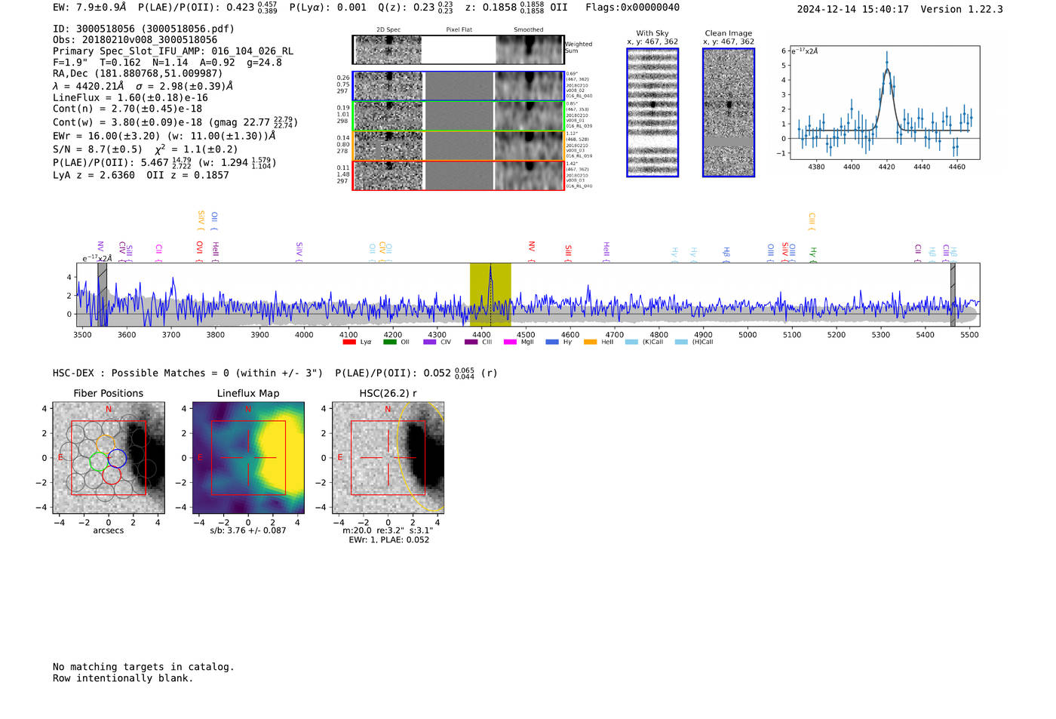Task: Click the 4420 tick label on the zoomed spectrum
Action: (x=886, y=167)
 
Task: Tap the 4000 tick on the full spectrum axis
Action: (x=304, y=334)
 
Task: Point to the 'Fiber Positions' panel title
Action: (x=108, y=393)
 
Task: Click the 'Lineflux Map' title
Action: (x=248, y=393)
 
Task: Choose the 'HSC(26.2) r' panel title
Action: (x=388, y=393)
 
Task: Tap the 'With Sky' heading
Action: (x=652, y=33)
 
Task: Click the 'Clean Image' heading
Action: (x=729, y=33)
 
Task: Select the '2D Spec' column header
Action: (x=388, y=30)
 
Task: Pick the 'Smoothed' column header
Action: (x=529, y=30)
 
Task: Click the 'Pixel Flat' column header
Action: (x=459, y=30)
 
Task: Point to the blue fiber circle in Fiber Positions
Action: (x=116, y=458)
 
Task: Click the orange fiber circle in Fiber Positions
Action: (x=106, y=444)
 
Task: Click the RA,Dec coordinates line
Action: (x=137, y=73)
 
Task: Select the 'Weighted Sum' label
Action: (x=579, y=48)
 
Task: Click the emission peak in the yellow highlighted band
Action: (x=490, y=267)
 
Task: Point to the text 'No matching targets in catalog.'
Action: (x=143, y=667)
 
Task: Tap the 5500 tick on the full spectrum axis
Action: (x=969, y=334)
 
